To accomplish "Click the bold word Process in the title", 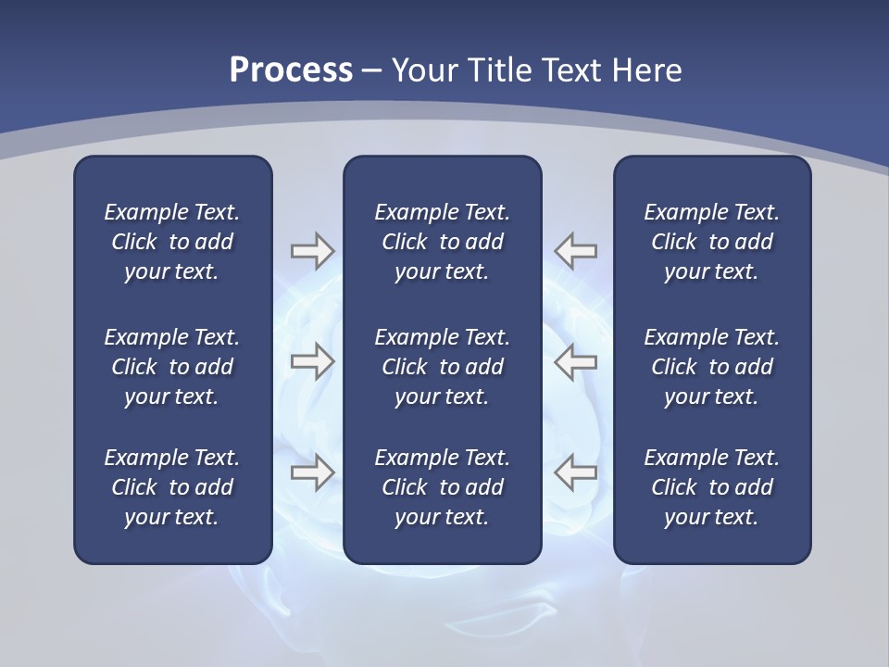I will coord(291,70).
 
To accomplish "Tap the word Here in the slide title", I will coord(646,70).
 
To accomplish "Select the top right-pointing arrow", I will coord(312,251).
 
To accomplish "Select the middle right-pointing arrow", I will coord(312,361).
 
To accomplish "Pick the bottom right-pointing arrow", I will coord(312,472).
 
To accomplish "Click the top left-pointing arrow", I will coord(575,251).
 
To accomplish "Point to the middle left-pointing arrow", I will coord(575,361).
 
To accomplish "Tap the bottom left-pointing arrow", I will coord(575,472).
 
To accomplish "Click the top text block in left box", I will coord(172,242).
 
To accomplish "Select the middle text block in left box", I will coord(172,367).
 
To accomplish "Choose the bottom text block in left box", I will coord(172,487).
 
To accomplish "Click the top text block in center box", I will coord(442,242).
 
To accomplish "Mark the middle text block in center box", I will coord(442,367).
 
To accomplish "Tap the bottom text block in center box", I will coord(442,487).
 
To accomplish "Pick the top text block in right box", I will coord(711,242).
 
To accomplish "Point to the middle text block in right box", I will coord(711,367).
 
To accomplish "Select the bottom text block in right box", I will coord(711,487).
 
